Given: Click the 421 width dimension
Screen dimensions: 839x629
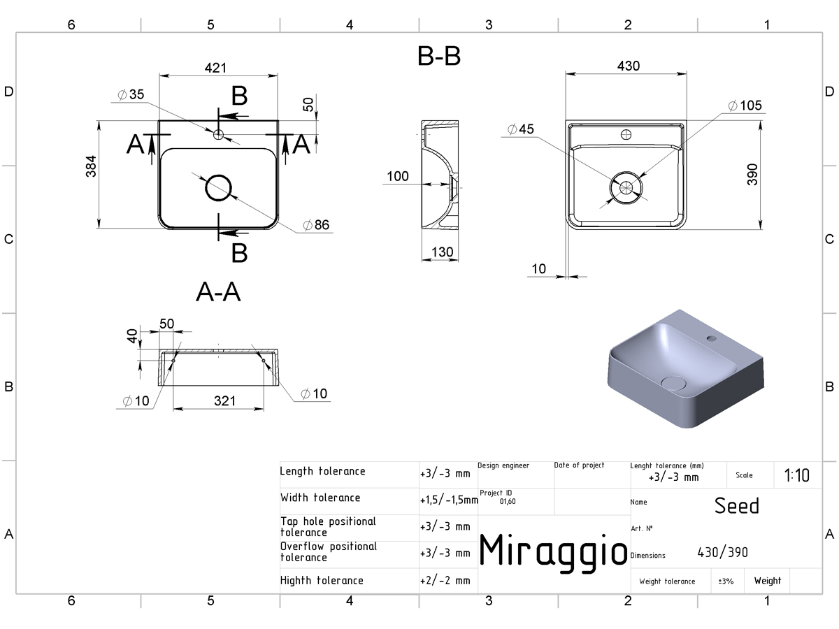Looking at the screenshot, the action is tap(215, 68).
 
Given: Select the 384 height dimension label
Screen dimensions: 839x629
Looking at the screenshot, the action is tap(91, 166).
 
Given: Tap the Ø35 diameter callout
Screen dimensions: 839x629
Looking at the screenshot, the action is tap(131, 94).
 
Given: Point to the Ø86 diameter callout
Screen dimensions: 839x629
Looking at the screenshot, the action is tap(316, 225).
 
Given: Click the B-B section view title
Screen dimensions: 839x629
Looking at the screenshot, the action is tap(439, 56).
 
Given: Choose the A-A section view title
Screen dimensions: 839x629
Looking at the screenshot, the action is tap(218, 292).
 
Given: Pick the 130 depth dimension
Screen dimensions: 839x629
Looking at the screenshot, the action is tap(443, 252).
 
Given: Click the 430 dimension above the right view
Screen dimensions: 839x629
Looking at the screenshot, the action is tap(629, 66).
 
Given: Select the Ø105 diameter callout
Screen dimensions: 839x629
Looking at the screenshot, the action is tap(745, 106).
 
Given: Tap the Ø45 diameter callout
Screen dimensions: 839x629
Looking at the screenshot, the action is tap(521, 129).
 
